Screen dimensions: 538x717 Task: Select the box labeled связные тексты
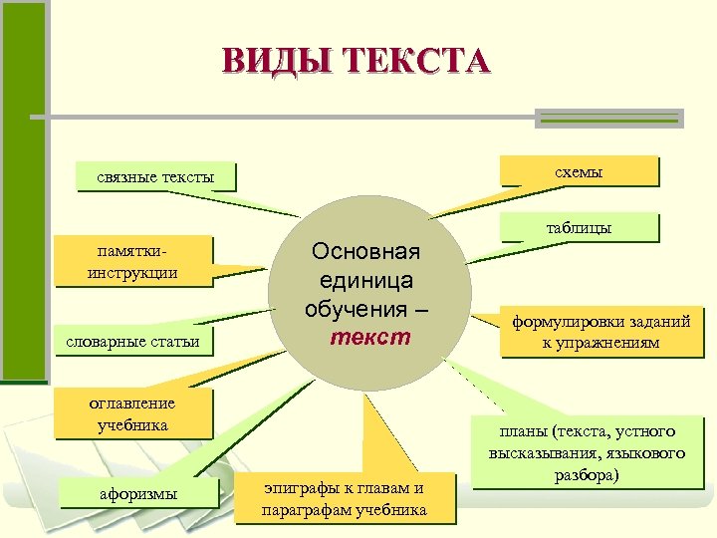tap(155, 177)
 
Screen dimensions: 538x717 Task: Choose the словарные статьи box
tap(133, 342)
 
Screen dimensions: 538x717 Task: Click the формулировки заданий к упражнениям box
tap(600, 333)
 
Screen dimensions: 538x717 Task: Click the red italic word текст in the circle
tap(373, 337)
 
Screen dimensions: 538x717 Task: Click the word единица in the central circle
tap(366, 280)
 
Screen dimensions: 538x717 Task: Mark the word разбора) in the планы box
tap(588, 474)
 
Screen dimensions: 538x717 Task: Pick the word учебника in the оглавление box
tap(132, 424)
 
